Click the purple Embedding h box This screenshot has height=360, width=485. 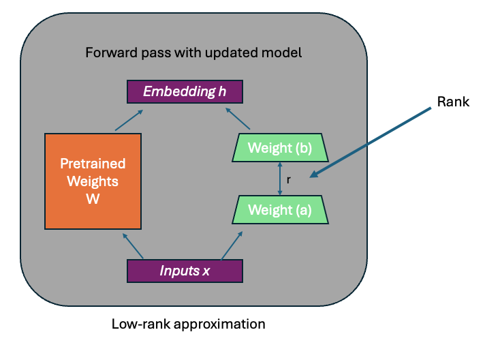[184, 91]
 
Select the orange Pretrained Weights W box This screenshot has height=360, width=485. [93, 181]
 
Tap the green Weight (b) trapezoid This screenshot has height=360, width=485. [280, 147]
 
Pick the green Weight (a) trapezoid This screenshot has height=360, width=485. [280, 210]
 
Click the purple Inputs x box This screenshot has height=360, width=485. [185, 271]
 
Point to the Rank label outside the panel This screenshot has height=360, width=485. [453, 102]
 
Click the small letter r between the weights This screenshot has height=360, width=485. [290, 179]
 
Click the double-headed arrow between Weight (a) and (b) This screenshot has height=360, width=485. [279, 179]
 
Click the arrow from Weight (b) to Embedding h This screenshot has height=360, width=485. [241, 117]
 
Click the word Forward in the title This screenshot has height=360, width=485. [107, 52]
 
